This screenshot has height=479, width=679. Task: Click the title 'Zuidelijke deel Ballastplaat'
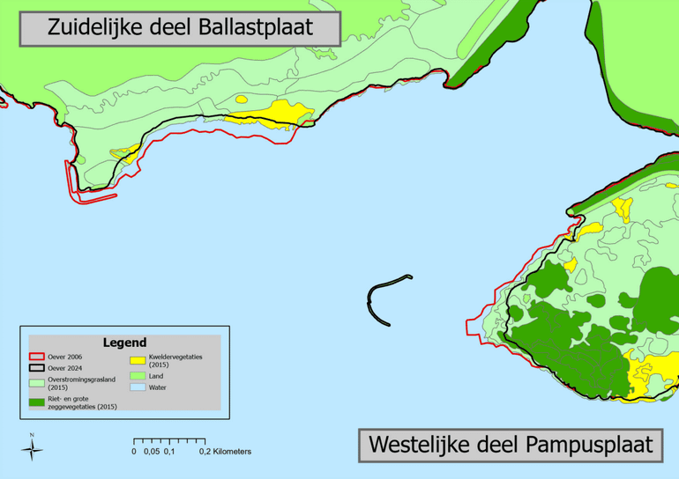tap(180, 26)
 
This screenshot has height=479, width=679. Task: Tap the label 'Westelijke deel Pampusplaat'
tap(511, 444)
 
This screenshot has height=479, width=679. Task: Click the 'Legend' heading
tap(124, 342)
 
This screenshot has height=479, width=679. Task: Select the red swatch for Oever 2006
tap(36, 356)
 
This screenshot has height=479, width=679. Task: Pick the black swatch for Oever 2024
tap(36, 368)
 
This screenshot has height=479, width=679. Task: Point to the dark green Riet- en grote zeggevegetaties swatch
tap(36, 402)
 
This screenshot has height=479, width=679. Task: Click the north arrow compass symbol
tap(32, 449)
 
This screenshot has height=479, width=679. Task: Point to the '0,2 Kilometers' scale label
tap(225, 452)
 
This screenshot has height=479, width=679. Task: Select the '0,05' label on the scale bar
tap(152, 452)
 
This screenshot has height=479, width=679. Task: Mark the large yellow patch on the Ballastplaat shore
tap(280, 113)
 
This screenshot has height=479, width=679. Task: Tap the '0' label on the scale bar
tap(134, 452)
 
